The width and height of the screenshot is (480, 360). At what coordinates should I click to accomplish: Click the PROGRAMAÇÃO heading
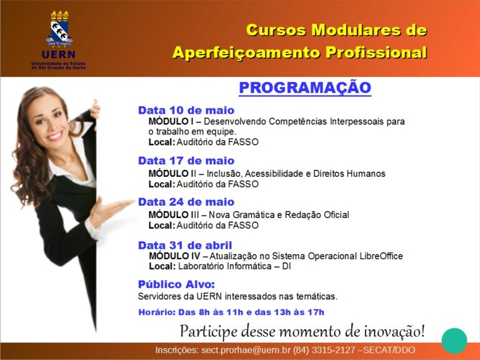tap(305, 87)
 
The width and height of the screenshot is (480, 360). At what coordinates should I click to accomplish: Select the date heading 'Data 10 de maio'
tap(186, 110)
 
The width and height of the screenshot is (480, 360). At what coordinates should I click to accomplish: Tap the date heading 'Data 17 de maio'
tap(186, 161)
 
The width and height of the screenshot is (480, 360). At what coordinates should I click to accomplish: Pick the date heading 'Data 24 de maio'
tap(186, 202)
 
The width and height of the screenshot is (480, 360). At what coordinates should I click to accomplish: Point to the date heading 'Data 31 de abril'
tap(185, 245)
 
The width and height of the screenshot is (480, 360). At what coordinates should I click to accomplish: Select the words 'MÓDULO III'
tap(174, 214)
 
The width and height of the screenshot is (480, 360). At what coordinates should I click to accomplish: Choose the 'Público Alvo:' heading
tap(176, 284)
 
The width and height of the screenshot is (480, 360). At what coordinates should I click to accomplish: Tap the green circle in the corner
tap(454, 341)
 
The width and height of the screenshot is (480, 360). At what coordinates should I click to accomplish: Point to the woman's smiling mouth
tap(55, 136)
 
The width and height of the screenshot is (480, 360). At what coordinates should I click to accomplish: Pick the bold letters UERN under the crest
tap(59, 54)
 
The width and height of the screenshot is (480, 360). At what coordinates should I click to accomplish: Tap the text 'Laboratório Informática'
tap(225, 266)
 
